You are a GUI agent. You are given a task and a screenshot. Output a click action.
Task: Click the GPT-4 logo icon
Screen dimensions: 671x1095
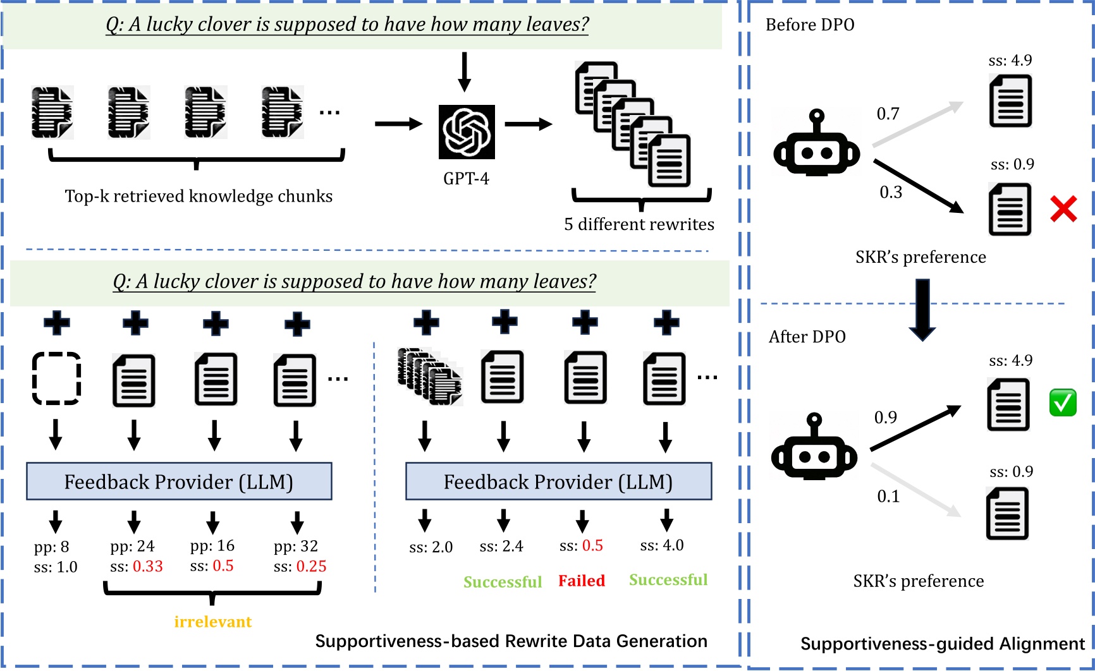(467, 131)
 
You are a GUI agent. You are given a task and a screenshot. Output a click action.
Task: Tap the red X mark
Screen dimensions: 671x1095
(1063, 209)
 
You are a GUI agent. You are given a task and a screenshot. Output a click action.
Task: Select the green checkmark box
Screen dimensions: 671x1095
(1063, 403)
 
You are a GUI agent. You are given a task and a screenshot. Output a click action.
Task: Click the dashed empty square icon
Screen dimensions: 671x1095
(56, 378)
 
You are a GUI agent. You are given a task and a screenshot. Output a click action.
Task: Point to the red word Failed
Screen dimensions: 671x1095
(581, 581)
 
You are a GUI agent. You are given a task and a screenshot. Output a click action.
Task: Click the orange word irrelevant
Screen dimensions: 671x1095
(213, 622)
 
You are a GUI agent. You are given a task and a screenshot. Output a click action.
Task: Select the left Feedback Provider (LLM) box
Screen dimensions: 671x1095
(179, 481)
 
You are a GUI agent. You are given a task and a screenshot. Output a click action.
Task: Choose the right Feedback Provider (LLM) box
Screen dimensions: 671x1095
(558, 481)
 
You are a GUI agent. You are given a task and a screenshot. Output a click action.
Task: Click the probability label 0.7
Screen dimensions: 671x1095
(888, 114)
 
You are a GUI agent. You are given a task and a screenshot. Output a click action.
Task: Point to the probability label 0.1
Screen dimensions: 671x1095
(888, 497)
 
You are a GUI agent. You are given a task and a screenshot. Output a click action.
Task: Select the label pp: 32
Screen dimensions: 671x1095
(296, 546)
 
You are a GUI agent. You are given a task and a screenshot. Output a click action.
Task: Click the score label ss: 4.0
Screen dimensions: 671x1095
(662, 545)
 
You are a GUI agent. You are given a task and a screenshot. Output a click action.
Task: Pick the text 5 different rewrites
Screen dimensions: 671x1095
(639, 224)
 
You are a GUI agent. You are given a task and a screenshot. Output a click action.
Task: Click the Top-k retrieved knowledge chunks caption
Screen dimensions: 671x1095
(199, 196)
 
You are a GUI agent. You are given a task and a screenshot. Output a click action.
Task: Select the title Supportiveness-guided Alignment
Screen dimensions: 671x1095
(942, 644)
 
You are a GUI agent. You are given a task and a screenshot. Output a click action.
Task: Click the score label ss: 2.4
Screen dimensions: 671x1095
(501, 546)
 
